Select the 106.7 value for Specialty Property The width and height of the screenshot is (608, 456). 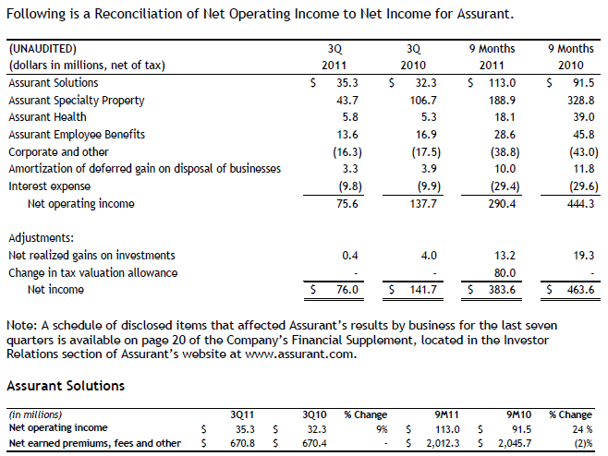[x=421, y=100]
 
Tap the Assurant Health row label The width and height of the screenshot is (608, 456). [x=47, y=117]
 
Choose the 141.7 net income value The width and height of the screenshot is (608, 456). [x=421, y=290]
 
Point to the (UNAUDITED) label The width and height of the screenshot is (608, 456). [x=43, y=48]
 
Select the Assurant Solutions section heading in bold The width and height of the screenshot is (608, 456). [x=66, y=383]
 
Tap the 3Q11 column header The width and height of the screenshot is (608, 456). [x=242, y=414]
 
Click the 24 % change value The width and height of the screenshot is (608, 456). [x=579, y=428]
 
